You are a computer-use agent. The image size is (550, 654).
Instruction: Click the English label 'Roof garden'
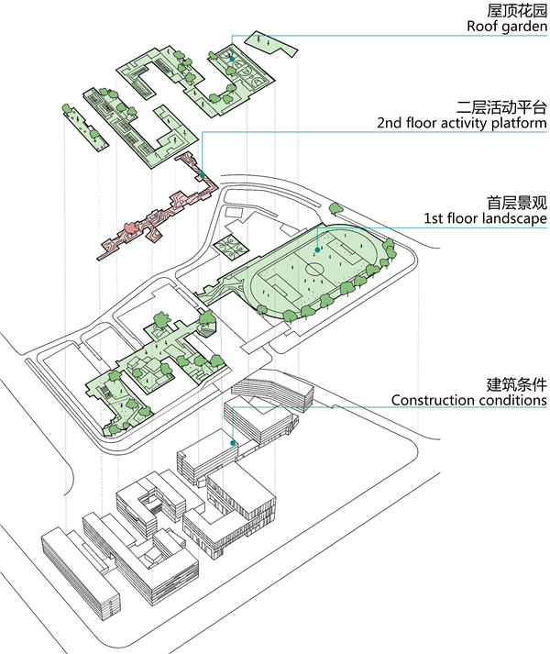click(506, 27)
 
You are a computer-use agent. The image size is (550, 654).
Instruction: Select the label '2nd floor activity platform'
click(462, 122)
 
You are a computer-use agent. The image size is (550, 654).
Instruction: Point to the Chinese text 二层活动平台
click(501, 105)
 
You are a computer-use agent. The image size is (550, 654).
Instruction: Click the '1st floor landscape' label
click(486, 218)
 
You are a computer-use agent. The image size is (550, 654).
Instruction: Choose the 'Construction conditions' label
click(469, 400)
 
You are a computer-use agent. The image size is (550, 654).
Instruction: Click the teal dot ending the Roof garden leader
click(232, 60)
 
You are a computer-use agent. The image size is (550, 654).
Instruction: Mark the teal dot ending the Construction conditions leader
click(234, 442)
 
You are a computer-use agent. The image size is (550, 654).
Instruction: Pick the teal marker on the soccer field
click(317, 249)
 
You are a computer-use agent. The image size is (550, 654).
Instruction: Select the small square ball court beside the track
click(226, 248)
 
